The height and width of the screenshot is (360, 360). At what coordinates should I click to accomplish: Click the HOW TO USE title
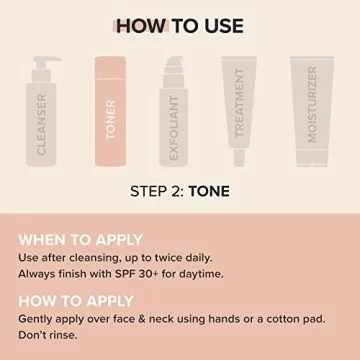pyautogui.click(x=180, y=25)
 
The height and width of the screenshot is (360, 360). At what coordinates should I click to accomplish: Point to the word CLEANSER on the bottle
pyautogui.click(x=41, y=126)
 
